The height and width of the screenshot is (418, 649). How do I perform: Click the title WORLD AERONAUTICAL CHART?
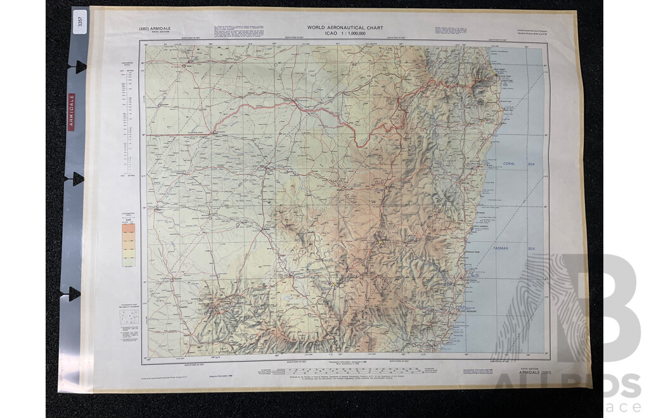345,27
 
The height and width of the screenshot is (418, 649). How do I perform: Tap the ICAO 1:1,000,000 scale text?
346,34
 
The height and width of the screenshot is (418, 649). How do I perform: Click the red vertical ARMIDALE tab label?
72,111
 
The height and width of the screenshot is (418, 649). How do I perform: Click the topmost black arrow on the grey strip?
79,66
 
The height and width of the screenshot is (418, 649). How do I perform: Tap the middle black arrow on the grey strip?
77,179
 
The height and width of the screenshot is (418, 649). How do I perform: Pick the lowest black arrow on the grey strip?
75,293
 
